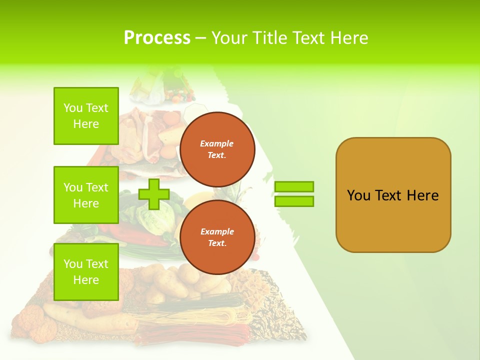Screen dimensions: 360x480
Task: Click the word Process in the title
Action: pos(157,38)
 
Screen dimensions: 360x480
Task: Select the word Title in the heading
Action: pos(270,38)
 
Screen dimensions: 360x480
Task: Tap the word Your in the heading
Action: pos(230,38)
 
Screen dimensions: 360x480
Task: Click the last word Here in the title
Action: pos(348,38)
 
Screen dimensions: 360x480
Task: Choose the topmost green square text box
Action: pos(86,116)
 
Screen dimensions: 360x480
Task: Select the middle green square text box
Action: pos(86,195)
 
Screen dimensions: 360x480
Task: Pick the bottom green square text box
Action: pos(86,272)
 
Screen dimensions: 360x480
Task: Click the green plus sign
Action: pos(154,193)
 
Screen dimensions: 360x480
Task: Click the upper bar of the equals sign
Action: pos(294,186)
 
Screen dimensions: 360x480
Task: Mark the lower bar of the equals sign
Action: pos(294,201)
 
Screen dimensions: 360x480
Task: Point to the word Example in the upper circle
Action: pos(217,143)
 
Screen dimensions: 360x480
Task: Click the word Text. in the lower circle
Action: pos(217,243)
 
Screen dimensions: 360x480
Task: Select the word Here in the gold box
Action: pos(422,195)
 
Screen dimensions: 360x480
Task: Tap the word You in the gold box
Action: pos(358,195)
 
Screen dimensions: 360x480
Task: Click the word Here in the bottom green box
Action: pos(86,280)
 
